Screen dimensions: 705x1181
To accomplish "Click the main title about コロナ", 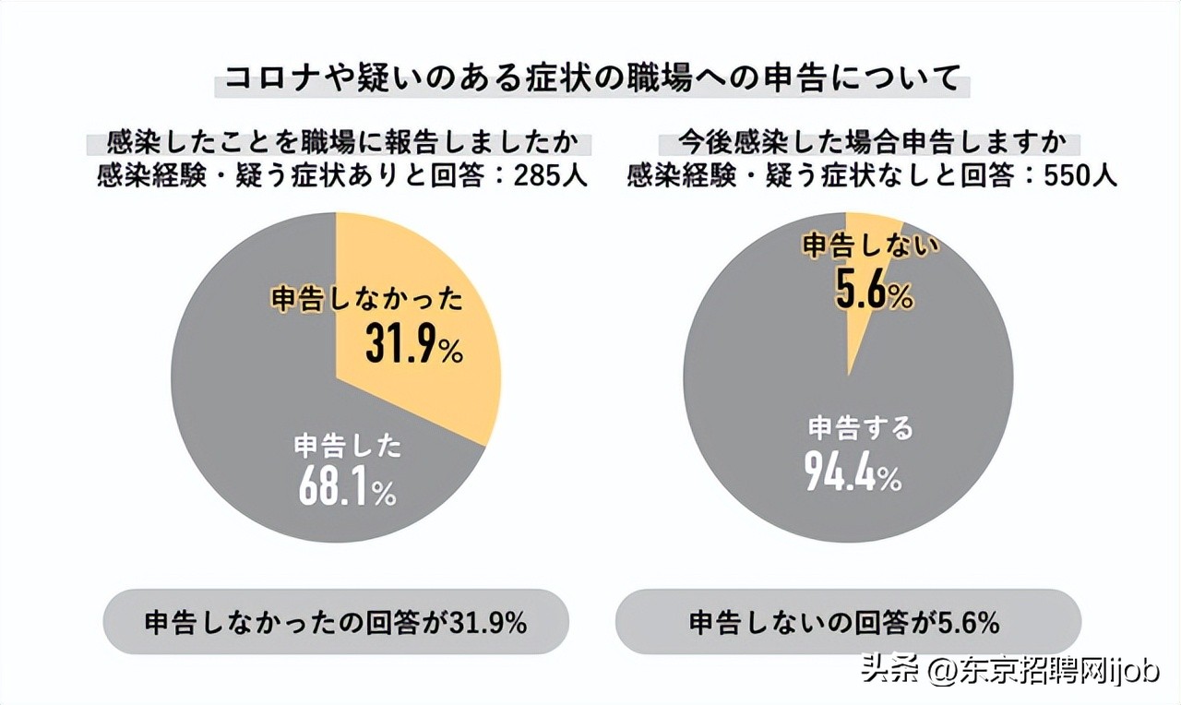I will (590, 78).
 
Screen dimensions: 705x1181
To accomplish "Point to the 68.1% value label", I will (347, 488).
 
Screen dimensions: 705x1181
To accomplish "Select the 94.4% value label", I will (852, 472).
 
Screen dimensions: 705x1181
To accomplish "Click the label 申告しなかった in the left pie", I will (366, 301).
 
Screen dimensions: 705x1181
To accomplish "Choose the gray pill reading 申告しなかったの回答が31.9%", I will (336, 621).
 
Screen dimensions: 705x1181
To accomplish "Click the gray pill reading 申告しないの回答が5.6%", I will (847, 621).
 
